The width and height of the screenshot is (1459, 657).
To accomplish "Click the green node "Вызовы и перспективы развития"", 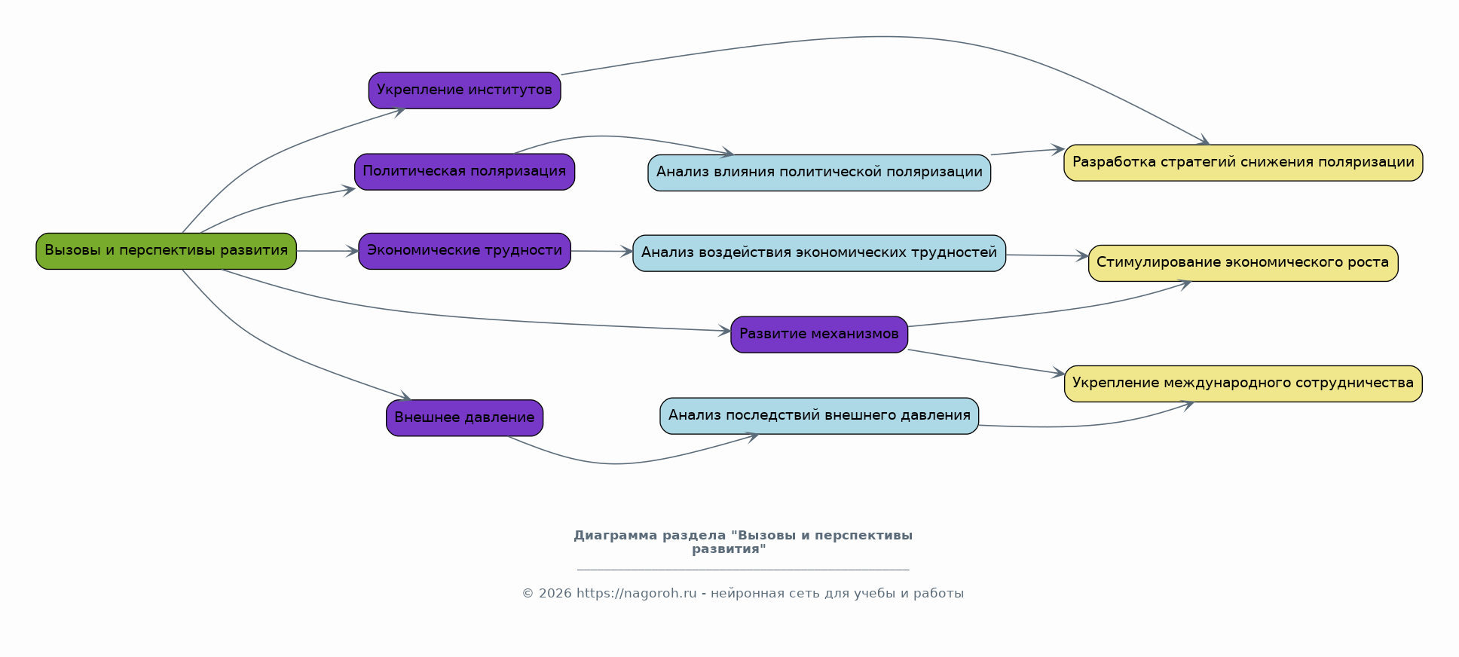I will click(166, 251).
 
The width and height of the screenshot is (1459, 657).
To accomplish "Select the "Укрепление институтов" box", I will click(464, 90).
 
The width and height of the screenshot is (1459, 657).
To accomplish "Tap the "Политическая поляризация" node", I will click(464, 172).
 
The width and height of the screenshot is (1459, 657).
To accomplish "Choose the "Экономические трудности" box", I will click(464, 251).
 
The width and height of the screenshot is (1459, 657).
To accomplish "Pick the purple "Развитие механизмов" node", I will click(818, 335).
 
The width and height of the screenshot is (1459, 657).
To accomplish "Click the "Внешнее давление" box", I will click(464, 418).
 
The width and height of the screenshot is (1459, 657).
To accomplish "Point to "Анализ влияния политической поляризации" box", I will click(819, 173).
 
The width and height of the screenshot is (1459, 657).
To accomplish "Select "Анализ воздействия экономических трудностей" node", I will click(819, 253).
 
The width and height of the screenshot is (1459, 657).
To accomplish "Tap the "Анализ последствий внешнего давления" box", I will click(819, 416).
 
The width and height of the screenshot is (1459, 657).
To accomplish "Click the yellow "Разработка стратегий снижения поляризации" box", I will click(1243, 163).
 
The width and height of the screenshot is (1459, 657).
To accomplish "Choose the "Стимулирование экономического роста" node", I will click(1243, 263).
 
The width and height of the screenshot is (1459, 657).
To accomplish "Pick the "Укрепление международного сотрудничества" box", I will click(1243, 384).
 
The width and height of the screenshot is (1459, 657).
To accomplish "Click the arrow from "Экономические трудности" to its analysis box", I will click(601, 251).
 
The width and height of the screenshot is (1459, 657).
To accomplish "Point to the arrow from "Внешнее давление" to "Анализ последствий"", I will click(618, 463).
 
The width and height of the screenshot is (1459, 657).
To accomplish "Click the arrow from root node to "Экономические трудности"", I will click(327, 251).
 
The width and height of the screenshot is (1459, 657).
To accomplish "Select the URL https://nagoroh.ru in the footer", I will click(636, 594).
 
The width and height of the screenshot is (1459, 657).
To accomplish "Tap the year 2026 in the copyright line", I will click(555, 594).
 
